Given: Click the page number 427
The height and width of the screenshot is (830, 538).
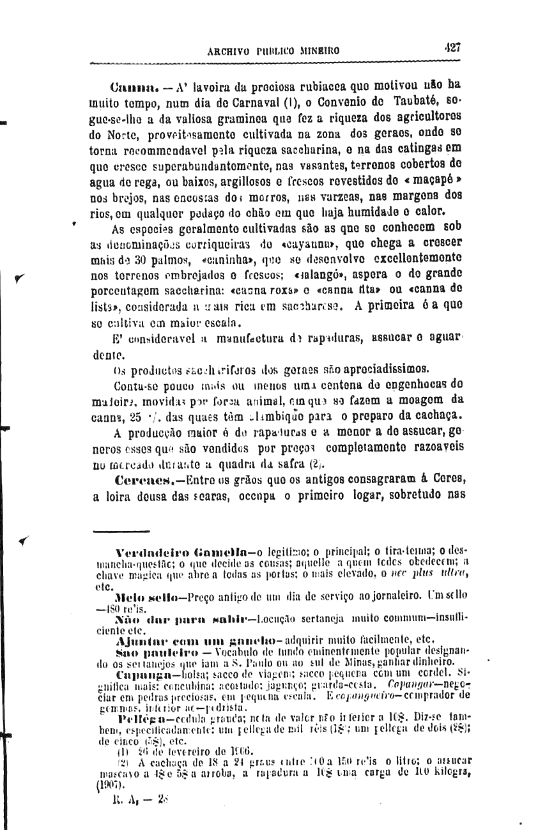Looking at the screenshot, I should click(453, 47).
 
